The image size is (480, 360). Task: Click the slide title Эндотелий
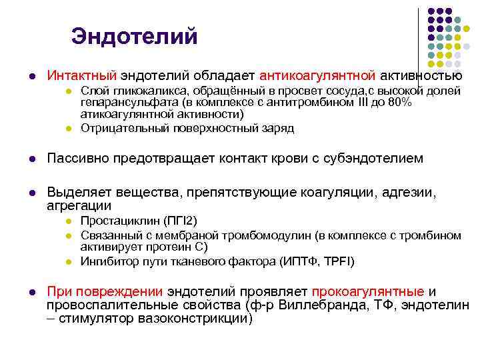(135, 36)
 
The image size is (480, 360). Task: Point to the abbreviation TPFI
(337, 261)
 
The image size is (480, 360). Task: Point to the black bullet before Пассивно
(31, 159)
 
